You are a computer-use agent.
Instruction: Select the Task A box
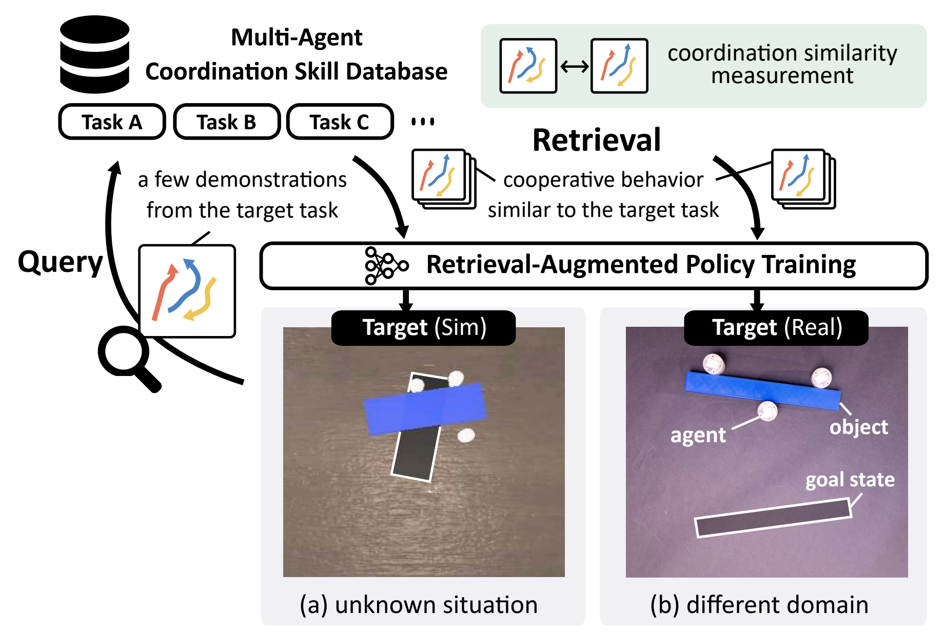coord(112,122)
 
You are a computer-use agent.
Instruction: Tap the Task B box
coord(226,122)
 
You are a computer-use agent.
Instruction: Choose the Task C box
coord(340,122)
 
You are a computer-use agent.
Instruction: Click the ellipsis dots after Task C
coord(423,122)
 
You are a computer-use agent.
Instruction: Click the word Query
coord(61,262)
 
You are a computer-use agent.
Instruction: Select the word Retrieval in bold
coord(596,140)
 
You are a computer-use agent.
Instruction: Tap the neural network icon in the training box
coord(386,266)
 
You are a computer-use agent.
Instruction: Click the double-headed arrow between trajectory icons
coord(574,67)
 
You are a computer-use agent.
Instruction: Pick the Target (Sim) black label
coord(423,328)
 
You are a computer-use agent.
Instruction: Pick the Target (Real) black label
coord(776,328)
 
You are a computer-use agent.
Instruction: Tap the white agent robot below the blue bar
coord(768,411)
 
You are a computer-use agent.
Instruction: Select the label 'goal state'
coord(850,480)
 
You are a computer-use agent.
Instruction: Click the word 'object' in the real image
coord(858,427)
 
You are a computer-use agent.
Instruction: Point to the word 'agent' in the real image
coord(698,435)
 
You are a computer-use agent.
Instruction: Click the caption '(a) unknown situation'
coord(419,605)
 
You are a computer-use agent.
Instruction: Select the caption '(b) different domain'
coord(759,605)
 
